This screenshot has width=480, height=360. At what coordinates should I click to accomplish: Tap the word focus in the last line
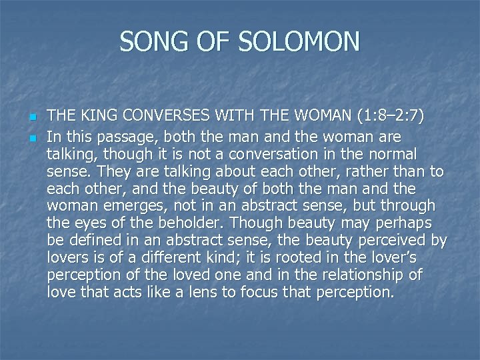277,292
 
